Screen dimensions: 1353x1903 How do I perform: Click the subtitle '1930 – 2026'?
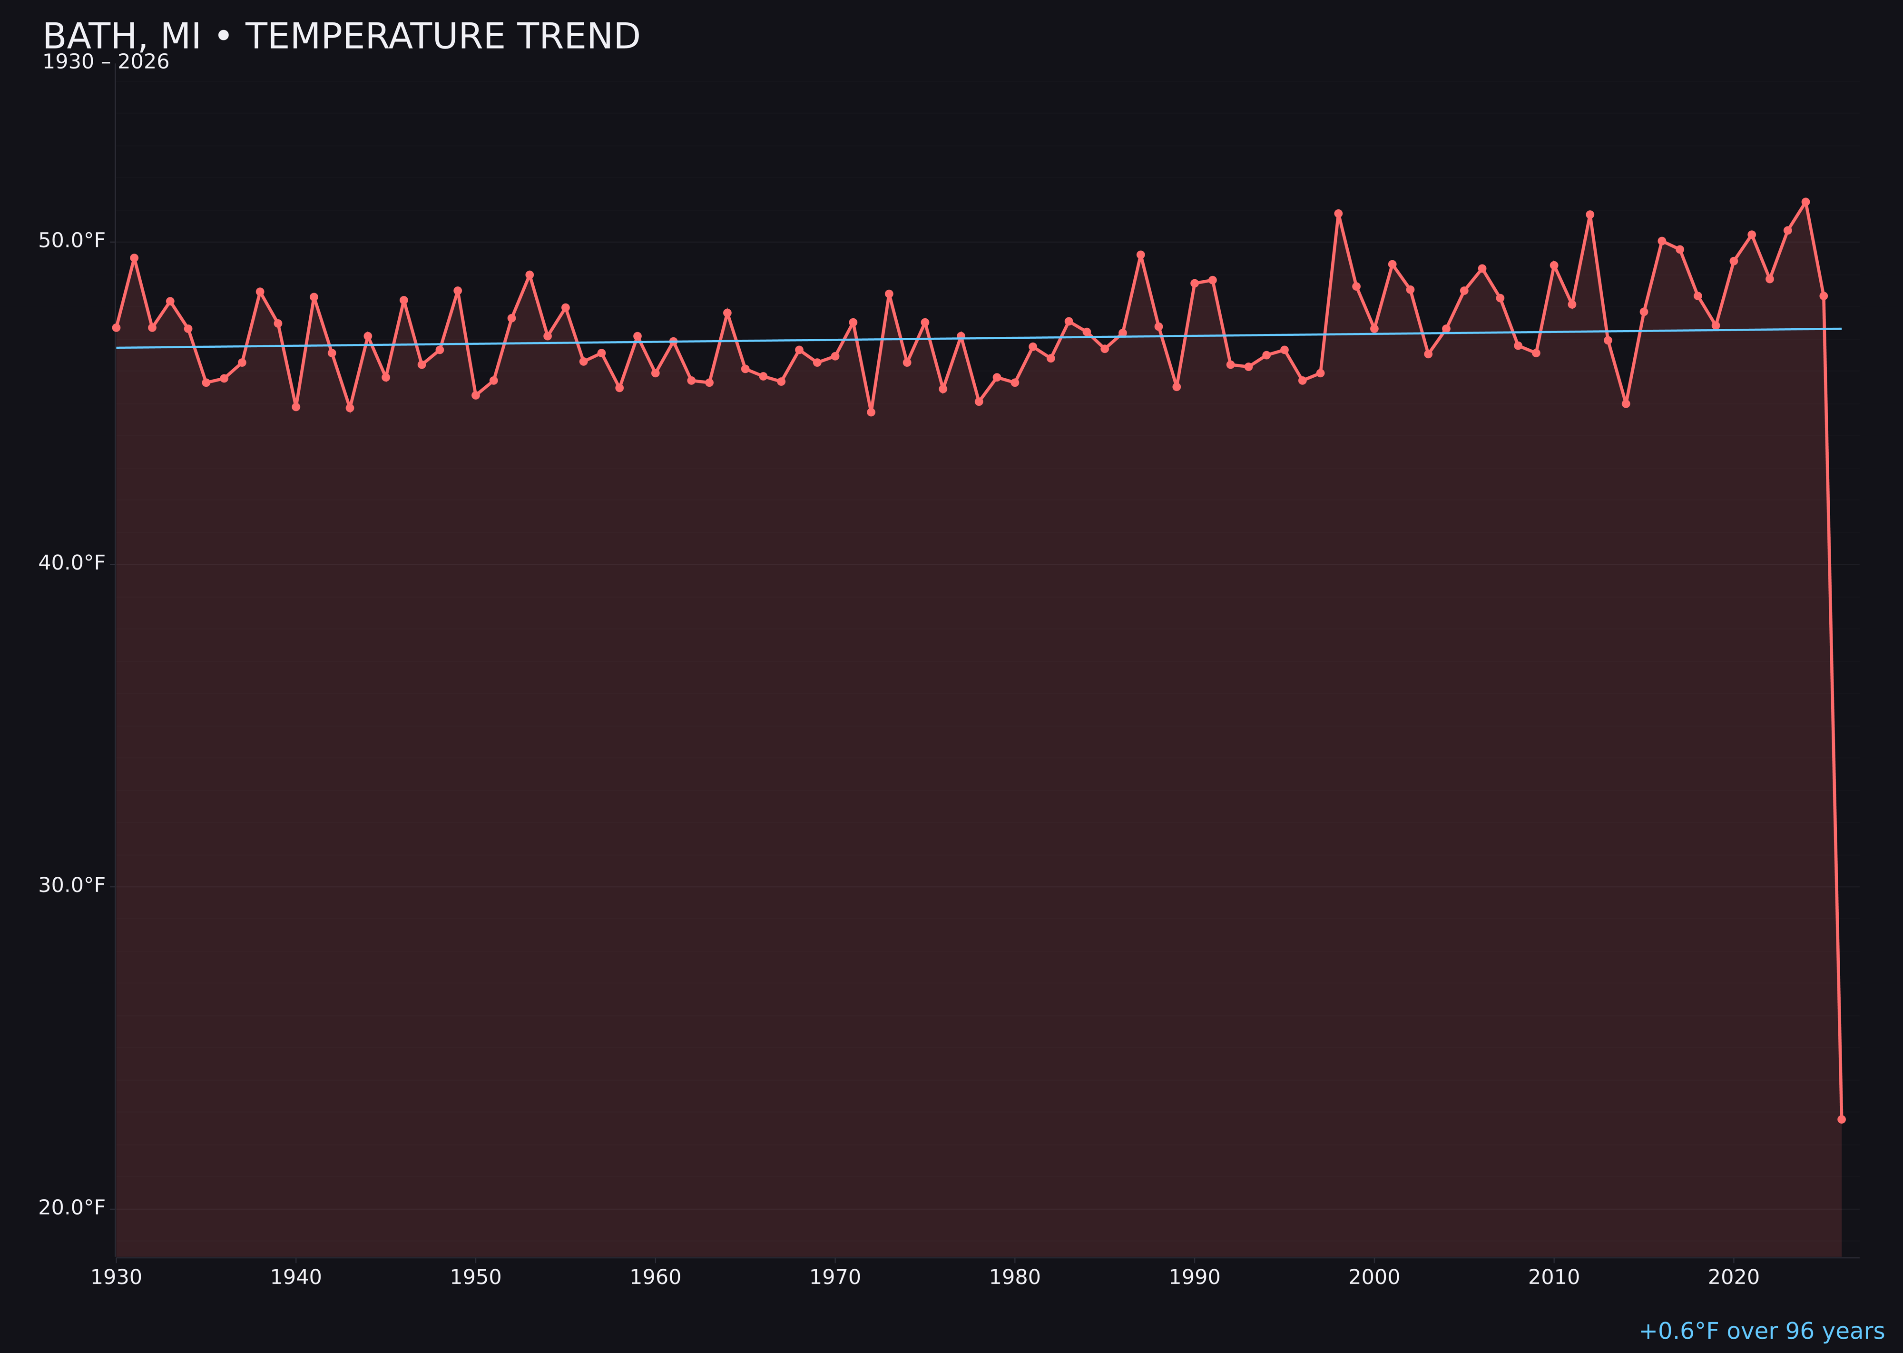[106, 62]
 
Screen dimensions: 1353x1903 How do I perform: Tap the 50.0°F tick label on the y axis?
[72, 241]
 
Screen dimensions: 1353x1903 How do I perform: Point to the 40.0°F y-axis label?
[72, 563]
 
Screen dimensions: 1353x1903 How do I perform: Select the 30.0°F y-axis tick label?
[72, 885]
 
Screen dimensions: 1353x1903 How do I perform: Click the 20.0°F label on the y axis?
[72, 1207]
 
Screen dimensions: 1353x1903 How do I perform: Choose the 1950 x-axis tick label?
[476, 1277]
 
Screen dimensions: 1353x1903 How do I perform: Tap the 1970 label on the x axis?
[835, 1277]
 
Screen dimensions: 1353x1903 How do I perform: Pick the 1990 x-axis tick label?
[1194, 1277]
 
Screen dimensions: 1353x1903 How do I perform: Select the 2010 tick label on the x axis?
[1554, 1277]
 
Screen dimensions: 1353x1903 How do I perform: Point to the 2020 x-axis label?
[1733, 1277]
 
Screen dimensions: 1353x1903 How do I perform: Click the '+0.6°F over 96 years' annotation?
[1761, 1331]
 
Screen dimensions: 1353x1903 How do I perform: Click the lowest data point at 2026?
[1841, 1119]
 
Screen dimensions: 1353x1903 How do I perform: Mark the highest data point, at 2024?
[1805, 202]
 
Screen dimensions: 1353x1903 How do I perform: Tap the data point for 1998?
[1338, 213]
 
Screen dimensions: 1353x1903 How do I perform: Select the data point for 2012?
[1590, 214]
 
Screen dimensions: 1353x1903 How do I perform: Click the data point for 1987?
[1141, 255]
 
